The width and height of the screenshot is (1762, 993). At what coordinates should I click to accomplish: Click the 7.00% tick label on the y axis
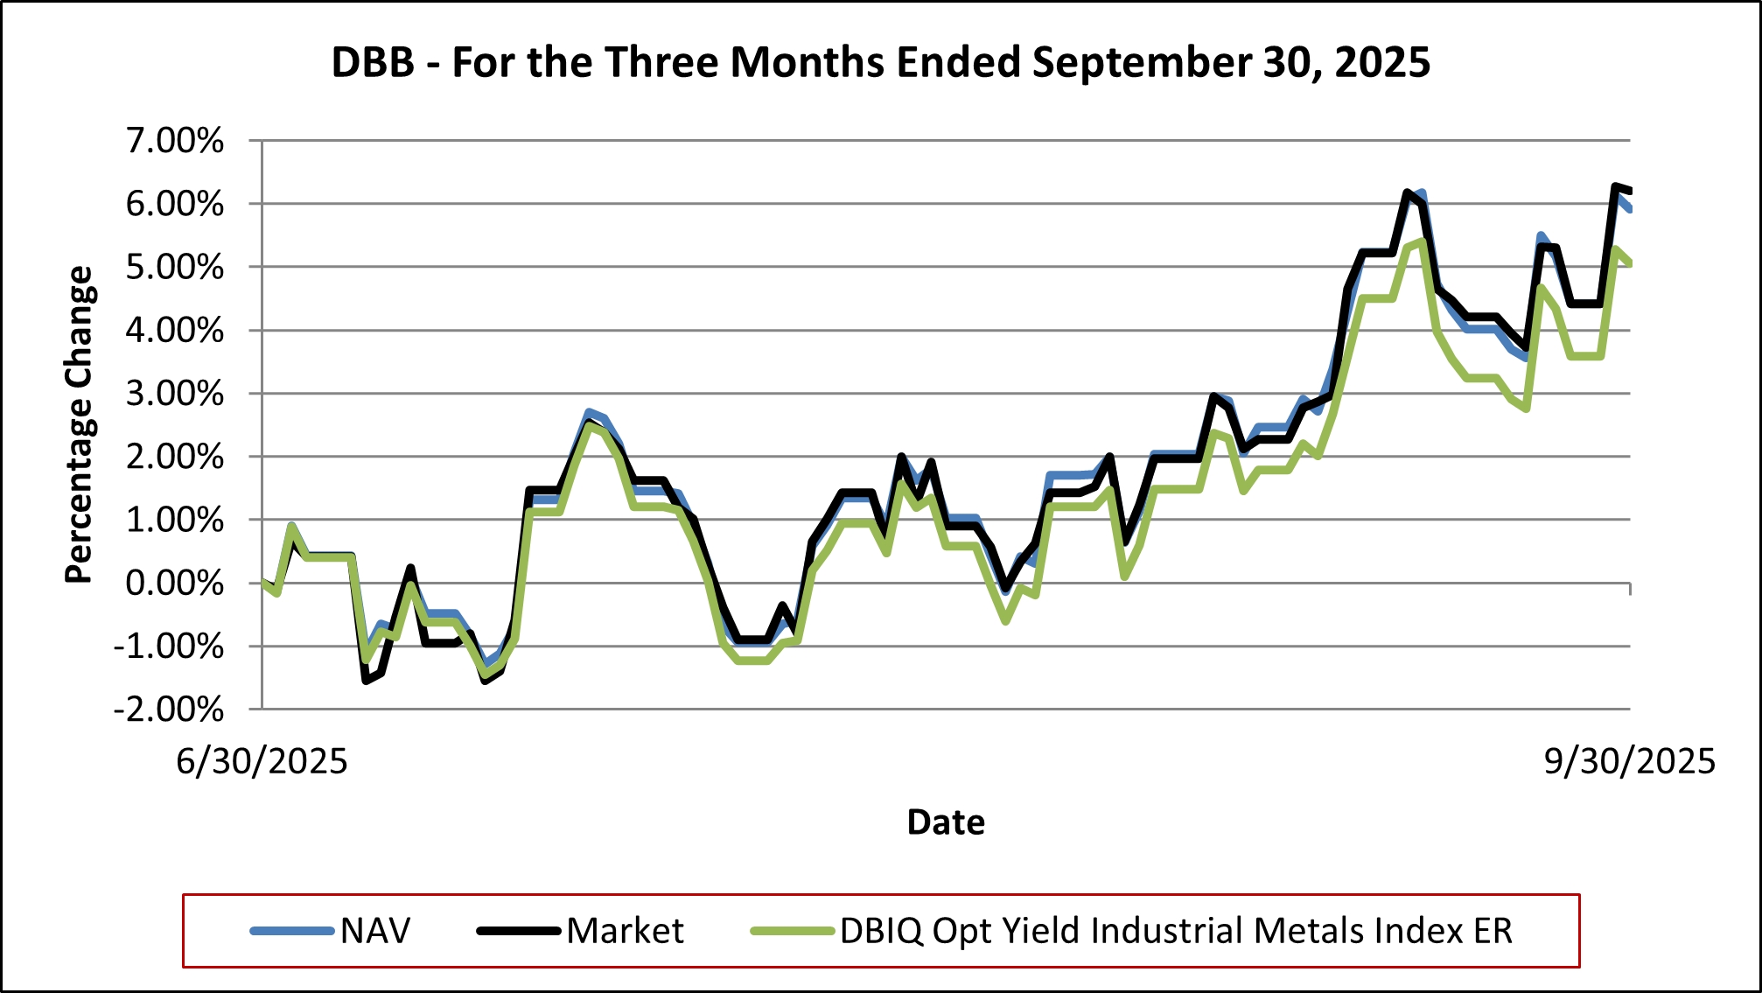[x=175, y=141]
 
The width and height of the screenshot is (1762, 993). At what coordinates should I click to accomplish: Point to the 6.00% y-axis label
[x=175, y=204]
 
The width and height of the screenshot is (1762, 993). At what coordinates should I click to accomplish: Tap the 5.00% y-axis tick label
[x=175, y=267]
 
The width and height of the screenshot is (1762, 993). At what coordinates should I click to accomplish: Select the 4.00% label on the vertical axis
[x=175, y=331]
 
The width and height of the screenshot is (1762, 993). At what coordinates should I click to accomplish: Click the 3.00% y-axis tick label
[x=175, y=394]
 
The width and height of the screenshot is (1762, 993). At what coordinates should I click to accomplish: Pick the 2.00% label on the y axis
[x=175, y=457]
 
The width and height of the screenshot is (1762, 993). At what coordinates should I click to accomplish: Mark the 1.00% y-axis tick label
[x=175, y=520]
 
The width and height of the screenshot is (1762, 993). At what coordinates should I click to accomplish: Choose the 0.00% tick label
[x=175, y=583]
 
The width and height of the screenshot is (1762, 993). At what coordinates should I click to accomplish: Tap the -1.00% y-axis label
[x=169, y=647]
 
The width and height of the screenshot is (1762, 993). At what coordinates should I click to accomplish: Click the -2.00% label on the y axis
[x=169, y=710]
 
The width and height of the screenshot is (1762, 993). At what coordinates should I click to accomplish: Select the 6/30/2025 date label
[x=262, y=761]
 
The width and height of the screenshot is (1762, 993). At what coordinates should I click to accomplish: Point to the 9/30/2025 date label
[x=1629, y=761]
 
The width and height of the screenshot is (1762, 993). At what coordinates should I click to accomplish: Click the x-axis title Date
[x=946, y=822]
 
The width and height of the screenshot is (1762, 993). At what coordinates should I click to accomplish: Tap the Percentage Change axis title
[x=79, y=424]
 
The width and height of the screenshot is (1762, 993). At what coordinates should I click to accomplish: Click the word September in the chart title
[x=1142, y=63]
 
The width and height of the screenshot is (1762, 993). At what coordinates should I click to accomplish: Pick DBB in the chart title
[x=373, y=63]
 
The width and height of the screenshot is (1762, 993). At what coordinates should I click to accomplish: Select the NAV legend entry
[x=375, y=931]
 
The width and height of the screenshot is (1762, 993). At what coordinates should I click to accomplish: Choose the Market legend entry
[x=625, y=931]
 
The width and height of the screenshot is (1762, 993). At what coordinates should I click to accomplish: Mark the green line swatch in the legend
[x=792, y=931]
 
